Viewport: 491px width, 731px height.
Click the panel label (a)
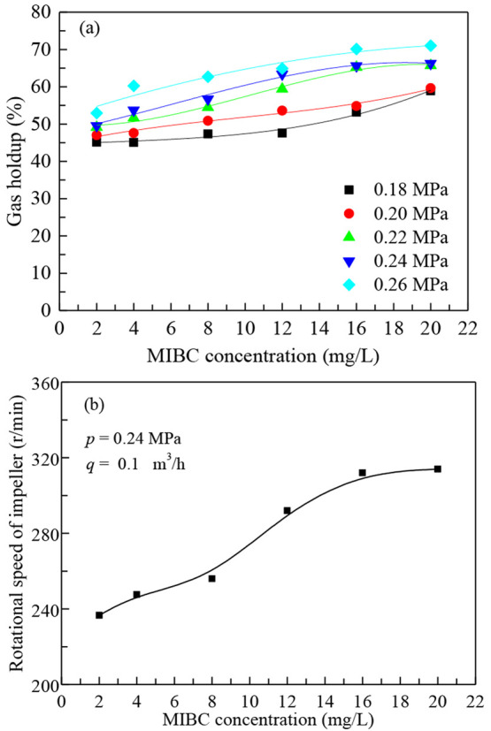(x=88, y=27)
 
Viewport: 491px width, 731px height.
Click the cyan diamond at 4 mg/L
(x=134, y=86)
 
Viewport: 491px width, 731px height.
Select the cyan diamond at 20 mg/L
(x=430, y=45)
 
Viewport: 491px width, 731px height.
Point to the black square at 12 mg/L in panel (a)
(x=282, y=133)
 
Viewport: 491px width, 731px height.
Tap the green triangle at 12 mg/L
(x=282, y=88)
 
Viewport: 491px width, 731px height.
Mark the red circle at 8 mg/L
(x=208, y=120)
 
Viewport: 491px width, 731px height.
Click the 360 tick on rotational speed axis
(x=38, y=384)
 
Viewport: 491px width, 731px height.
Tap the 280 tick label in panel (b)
(x=38, y=534)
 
